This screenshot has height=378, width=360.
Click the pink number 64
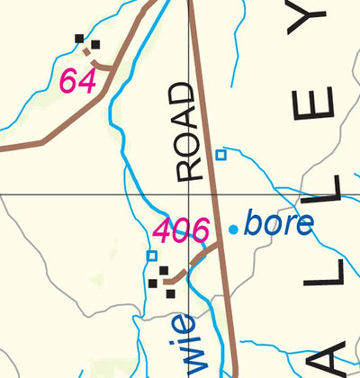point(77,81)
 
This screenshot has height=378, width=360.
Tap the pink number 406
point(181,231)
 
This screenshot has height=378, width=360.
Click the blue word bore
point(278,224)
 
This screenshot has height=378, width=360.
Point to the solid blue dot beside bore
point(233,229)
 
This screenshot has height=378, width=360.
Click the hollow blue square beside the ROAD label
point(220,155)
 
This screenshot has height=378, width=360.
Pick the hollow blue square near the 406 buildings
point(152,256)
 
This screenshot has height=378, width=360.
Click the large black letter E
point(319,104)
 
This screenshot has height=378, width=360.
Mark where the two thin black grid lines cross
point(189,193)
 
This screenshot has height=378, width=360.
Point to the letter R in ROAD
point(187,170)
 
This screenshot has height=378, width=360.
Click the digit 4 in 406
point(163,231)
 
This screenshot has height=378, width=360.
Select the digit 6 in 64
point(68,81)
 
